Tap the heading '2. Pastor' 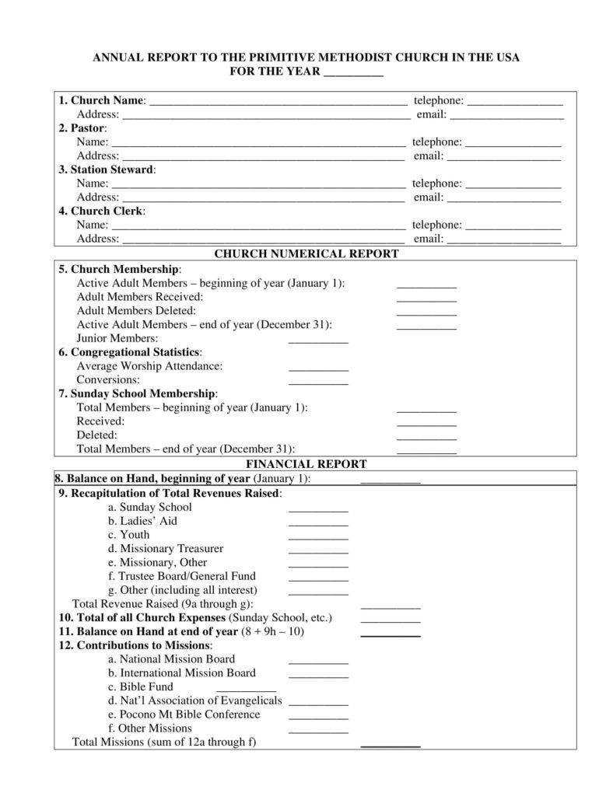(x=82, y=128)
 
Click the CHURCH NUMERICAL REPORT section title (x=306, y=253)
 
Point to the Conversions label (x=108, y=379)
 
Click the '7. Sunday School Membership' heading (x=138, y=393)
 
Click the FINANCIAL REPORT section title (x=306, y=464)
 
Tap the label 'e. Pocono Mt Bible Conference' (x=184, y=714)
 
